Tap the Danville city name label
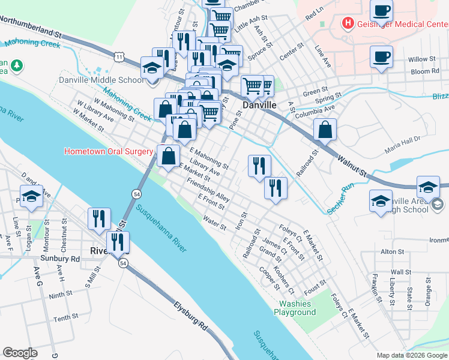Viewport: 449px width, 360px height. pyautogui.click(x=259, y=105)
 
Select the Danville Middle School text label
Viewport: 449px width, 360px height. pyautogui.click(x=101, y=80)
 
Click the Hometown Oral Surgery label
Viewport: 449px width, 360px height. pyautogui.click(x=109, y=151)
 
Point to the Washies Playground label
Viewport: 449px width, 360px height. pyautogui.click(x=295, y=308)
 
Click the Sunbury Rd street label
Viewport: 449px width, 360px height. pyautogui.click(x=60, y=259)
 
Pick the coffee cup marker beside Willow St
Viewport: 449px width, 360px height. pyautogui.click(x=380, y=58)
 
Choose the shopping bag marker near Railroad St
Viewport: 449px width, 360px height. pyautogui.click(x=325, y=129)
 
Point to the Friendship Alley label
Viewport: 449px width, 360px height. pyautogui.click(x=208, y=189)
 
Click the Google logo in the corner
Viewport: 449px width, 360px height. pyautogui.click(x=20, y=353)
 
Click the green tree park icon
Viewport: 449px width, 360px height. pyautogui.click(x=18, y=65)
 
